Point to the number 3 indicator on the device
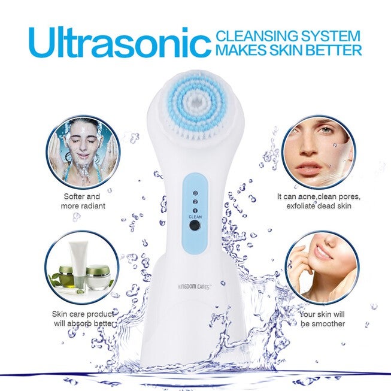pyautogui.click(x=195, y=193)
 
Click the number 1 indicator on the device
pyautogui.click(x=195, y=210)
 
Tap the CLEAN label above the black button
pyautogui.click(x=195, y=217)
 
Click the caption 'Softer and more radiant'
pyautogui.click(x=83, y=201)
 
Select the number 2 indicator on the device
pyautogui.click(x=195, y=202)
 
